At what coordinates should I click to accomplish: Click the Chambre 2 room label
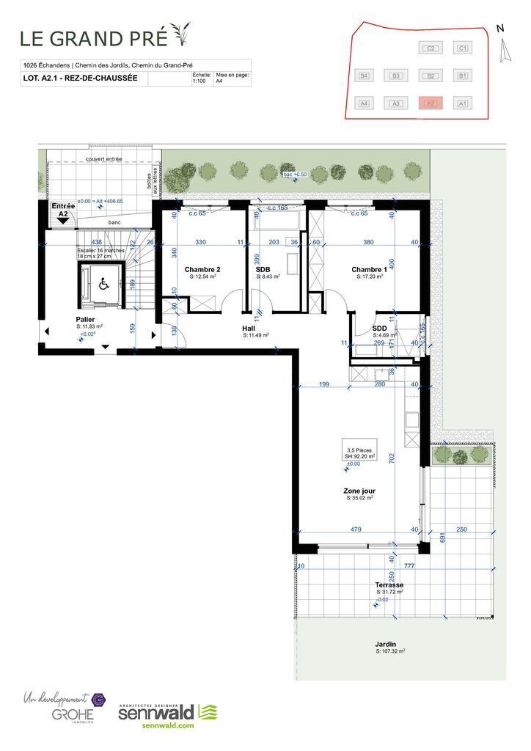click(202, 270)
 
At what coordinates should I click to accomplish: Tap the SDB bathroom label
click(263, 270)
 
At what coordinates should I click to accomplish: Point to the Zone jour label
click(359, 491)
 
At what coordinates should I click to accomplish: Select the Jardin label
click(386, 644)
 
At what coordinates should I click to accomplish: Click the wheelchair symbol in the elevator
click(103, 285)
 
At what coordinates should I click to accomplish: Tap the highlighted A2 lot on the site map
click(431, 103)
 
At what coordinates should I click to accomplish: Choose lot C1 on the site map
click(462, 48)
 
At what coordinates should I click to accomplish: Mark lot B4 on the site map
click(364, 76)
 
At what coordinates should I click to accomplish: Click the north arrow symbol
click(503, 50)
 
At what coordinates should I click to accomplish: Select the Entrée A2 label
click(63, 210)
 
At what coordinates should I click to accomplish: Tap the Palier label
click(85, 320)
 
